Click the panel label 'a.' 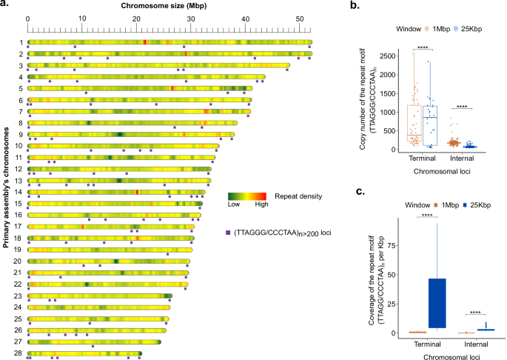4,7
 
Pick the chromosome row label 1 21,42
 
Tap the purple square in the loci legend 228,233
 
